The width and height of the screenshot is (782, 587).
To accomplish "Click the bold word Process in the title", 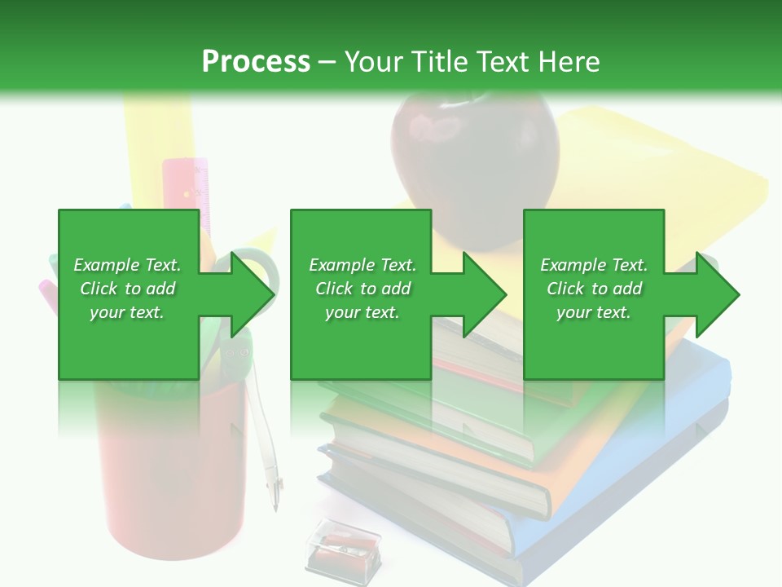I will pyautogui.click(x=256, y=61).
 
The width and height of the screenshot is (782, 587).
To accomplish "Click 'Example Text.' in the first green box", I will pyautogui.click(x=127, y=265).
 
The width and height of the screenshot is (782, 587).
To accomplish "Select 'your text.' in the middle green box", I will pyautogui.click(x=362, y=312).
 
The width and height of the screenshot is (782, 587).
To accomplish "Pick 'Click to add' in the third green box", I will pyautogui.click(x=594, y=289).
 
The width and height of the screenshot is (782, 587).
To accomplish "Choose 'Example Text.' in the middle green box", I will pyautogui.click(x=362, y=265).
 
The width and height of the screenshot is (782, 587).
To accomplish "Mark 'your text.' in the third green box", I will pyautogui.click(x=594, y=312).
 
